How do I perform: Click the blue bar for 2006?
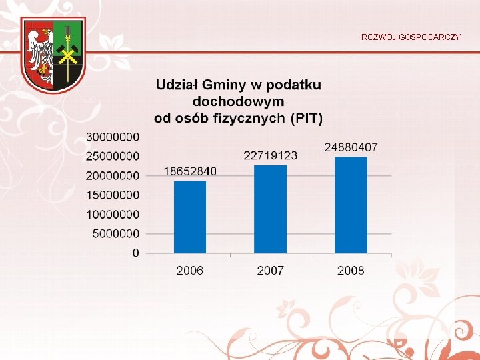point(190,217)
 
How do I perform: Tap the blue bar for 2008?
point(351,205)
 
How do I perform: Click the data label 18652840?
point(190,171)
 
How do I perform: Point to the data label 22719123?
point(271,155)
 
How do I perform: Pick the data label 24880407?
point(351,147)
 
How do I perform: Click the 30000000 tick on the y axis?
point(113,137)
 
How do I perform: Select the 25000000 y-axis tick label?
point(113,156)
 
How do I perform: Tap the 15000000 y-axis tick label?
point(113,195)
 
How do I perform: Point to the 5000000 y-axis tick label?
point(116,233)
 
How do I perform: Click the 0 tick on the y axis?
point(136,253)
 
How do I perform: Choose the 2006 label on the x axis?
point(190,270)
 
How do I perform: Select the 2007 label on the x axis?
point(271,270)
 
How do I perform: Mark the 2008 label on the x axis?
point(351,270)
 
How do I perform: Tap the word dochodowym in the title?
point(238,101)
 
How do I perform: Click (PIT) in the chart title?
point(307,119)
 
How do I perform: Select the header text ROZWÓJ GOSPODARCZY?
point(411,37)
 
